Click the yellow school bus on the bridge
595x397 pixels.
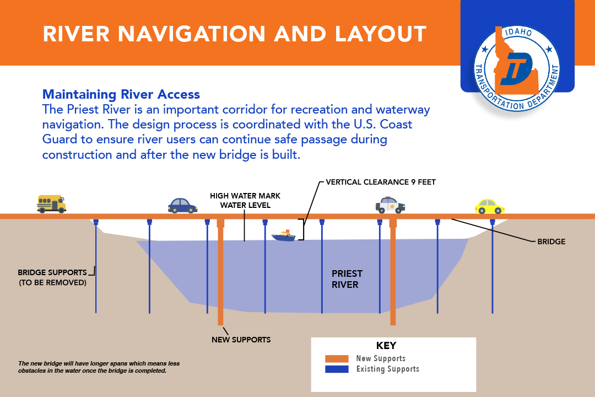tap(51, 203)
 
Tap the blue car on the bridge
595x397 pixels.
tap(182, 206)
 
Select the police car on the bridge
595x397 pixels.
tap(390, 205)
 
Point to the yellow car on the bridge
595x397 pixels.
tap(489, 206)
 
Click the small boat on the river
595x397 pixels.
tap(283, 236)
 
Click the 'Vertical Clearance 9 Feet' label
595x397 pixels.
tap(381, 182)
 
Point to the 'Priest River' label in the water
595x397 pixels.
tap(347, 279)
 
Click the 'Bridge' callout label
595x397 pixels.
tap(551, 242)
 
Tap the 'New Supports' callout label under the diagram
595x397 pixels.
tap(241, 340)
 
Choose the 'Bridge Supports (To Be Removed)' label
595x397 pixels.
tap(52, 277)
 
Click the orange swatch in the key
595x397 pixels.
tap(337, 358)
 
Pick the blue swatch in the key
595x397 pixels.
tap(337, 369)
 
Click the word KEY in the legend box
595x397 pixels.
tap(386, 346)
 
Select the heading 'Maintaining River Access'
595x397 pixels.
tap(121, 94)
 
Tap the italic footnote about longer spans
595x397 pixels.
tap(99, 367)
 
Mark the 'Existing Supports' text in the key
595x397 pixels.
tap(387, 369)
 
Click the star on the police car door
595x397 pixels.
tap(392, 207)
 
